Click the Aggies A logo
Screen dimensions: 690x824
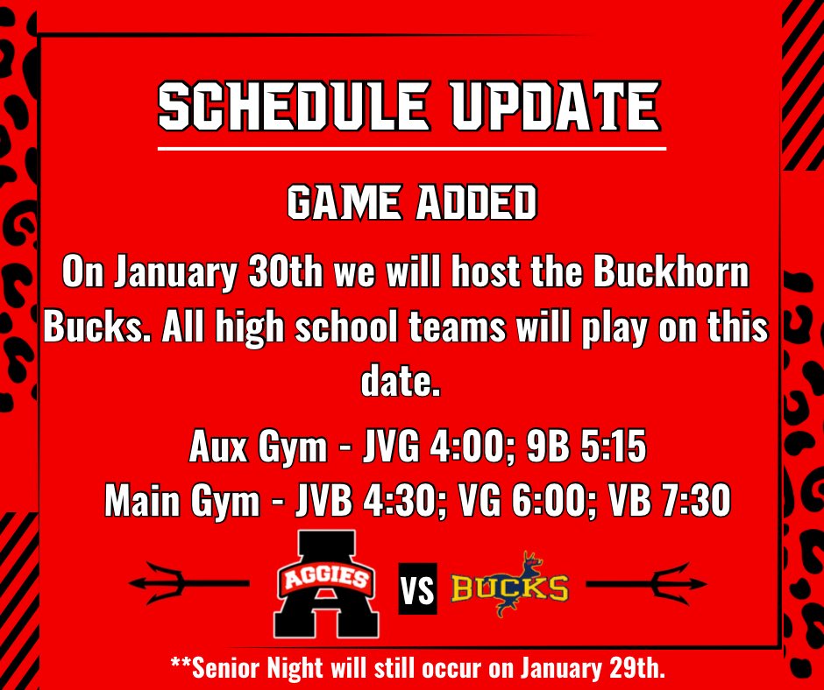[x=325, y=583]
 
